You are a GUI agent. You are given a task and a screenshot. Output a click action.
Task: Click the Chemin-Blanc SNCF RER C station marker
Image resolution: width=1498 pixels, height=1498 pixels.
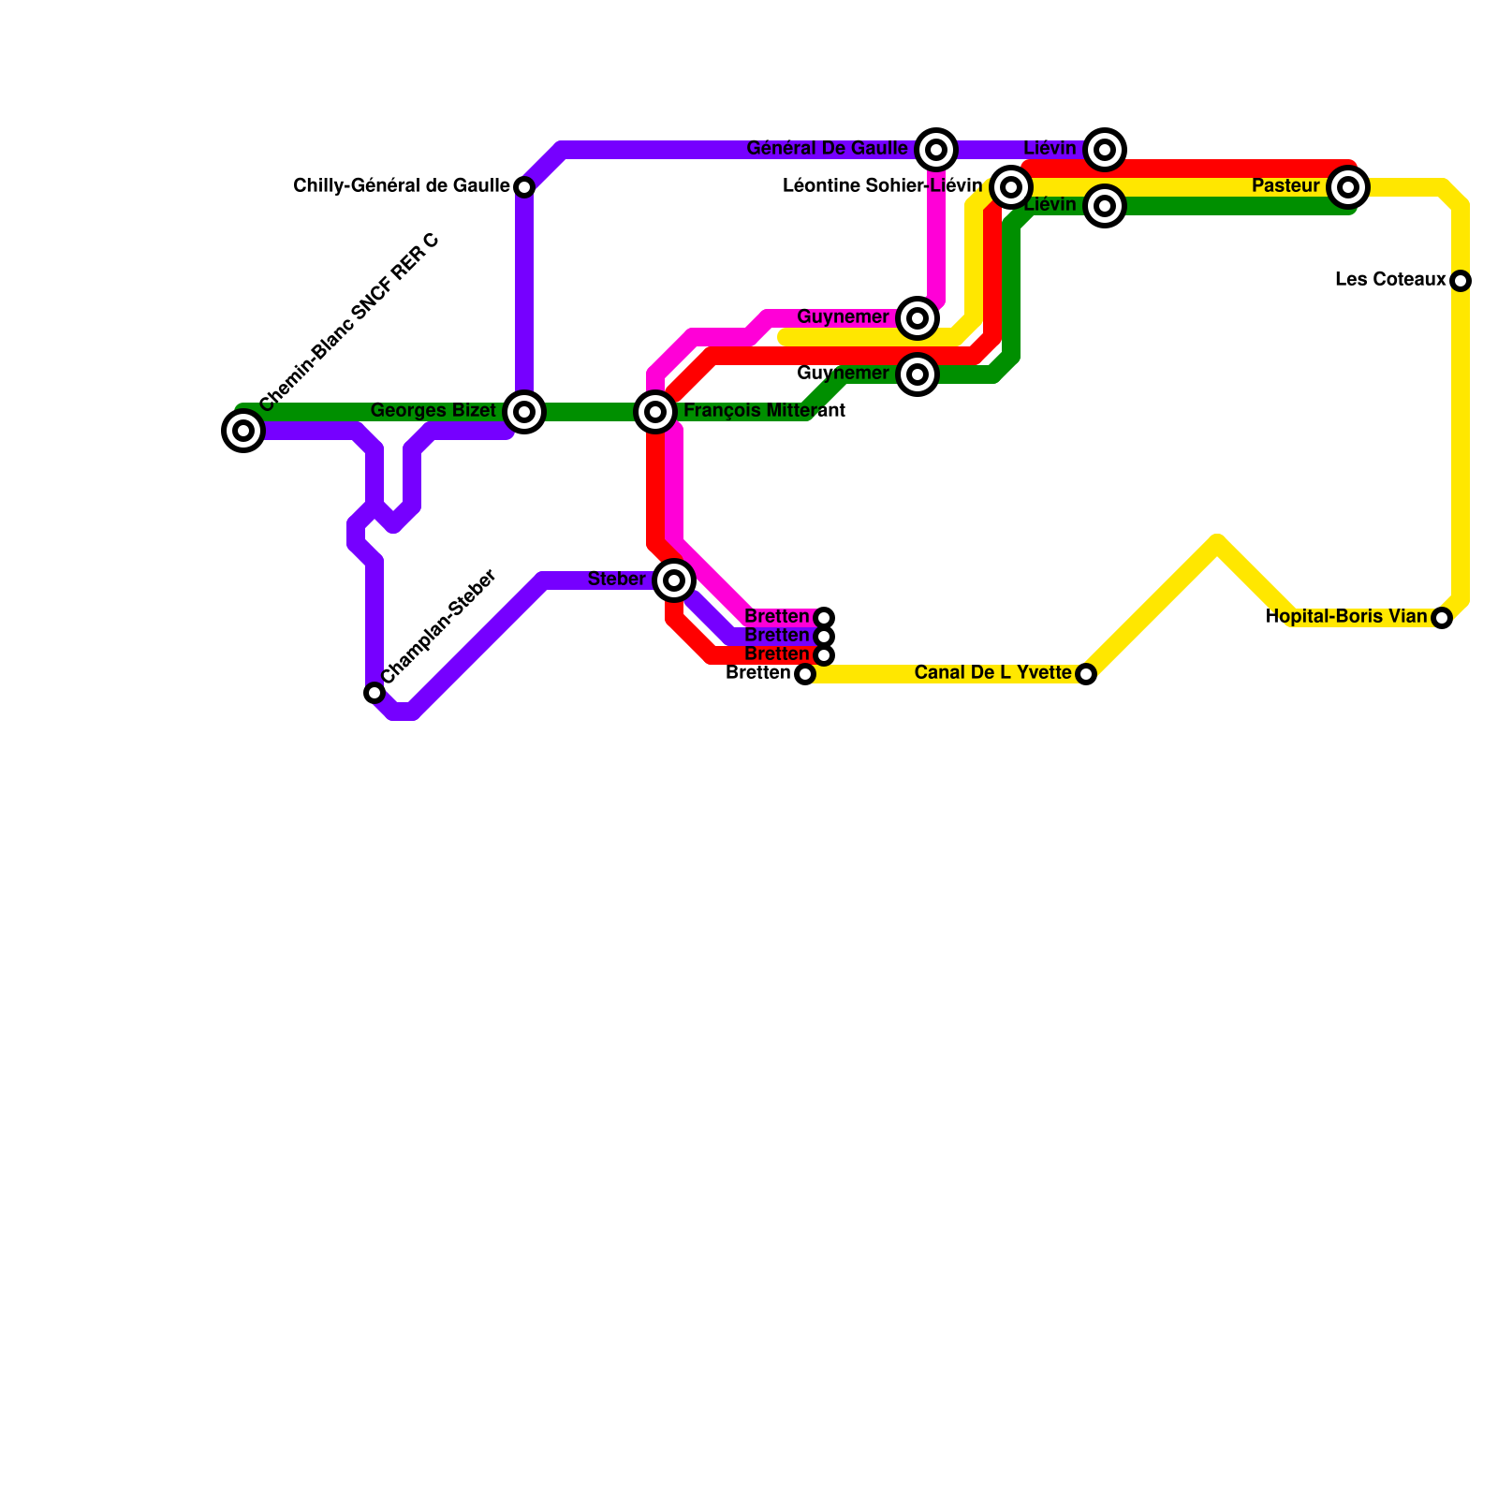[243, 431]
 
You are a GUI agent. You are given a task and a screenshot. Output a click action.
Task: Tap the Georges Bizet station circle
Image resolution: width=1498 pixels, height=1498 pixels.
[524, 412]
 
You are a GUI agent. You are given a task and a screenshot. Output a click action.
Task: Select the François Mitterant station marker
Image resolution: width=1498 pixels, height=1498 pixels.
[655, 412]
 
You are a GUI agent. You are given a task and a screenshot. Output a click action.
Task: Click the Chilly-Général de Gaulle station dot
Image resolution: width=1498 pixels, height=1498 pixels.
[524, 187]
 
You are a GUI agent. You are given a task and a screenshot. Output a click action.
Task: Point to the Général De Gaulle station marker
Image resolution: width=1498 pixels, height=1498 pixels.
[936, 150]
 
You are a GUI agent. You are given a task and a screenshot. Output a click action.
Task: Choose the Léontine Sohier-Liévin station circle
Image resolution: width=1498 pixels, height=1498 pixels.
[1011, 187]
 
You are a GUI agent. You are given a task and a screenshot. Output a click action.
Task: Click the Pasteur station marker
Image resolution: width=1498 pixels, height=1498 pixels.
[1348, 187]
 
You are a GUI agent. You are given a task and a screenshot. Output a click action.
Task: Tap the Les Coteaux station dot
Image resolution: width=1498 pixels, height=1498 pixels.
[1461, 281]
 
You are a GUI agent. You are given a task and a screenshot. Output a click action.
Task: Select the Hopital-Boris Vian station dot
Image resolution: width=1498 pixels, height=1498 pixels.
[1442, 618]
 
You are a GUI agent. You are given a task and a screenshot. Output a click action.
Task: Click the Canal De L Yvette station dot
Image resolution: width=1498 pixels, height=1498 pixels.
[1086, 674]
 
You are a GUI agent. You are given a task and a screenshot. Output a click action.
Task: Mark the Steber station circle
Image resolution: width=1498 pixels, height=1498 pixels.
[674, 580]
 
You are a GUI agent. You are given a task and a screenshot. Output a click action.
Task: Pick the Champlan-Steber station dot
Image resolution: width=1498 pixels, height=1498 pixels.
[374, 693]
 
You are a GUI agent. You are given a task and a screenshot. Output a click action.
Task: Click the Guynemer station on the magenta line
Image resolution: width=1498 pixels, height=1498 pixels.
[918, 318]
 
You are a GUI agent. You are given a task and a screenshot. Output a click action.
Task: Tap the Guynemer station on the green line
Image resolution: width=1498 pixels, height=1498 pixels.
[918, 374]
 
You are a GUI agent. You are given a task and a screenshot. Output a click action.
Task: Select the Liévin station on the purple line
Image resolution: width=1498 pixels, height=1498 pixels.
[1105, 150]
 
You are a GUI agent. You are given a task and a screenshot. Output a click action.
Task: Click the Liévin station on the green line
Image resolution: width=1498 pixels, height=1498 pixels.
[1105, 206]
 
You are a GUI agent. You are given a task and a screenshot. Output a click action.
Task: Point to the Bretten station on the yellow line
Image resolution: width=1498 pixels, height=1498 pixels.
[805, 674]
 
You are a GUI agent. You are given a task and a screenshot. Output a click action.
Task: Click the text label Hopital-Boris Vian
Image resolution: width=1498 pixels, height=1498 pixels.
[1346, 617]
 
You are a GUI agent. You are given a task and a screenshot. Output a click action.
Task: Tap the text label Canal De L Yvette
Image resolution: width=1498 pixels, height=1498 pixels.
[992, 673]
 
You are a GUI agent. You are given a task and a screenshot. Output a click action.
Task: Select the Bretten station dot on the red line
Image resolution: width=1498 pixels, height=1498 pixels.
[824, 655]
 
